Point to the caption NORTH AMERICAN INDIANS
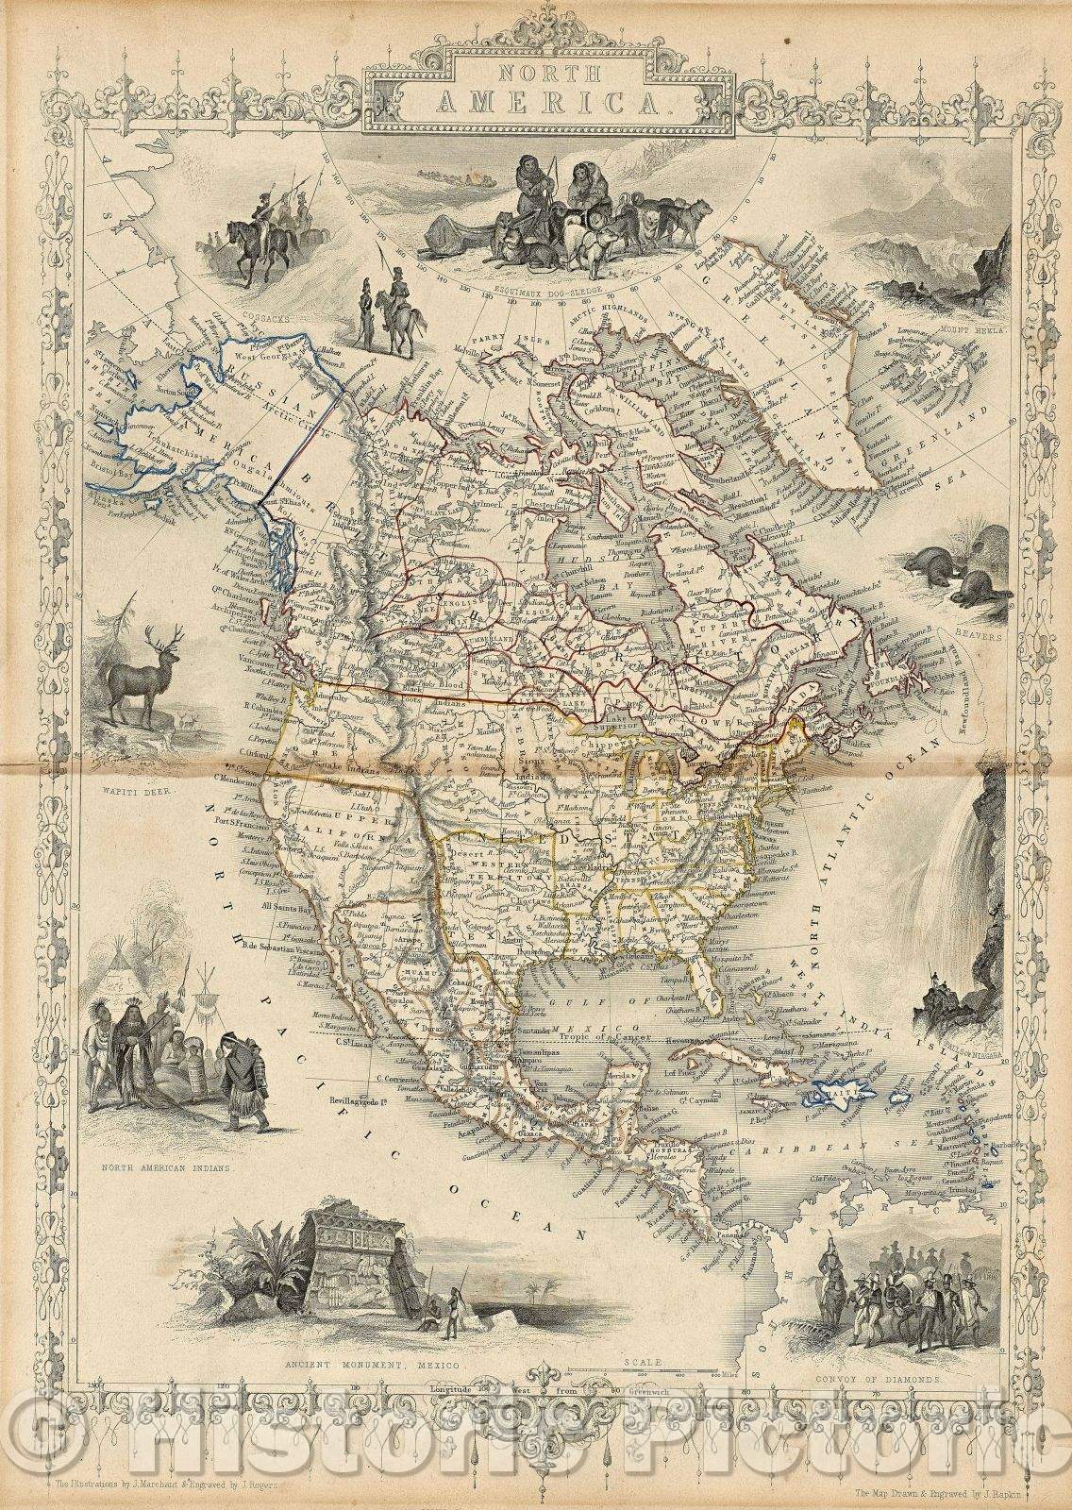(x=174, y=1167)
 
